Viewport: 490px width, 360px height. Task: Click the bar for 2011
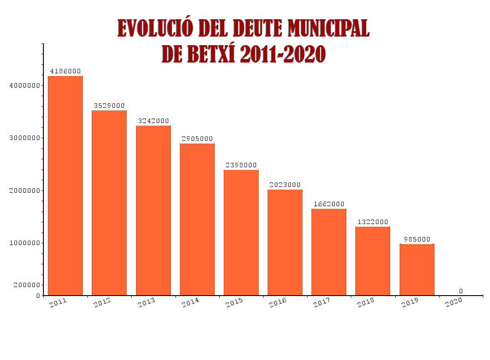pyautogui.click(x=65, y=186)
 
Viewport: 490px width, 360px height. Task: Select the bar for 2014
pyautogui.click(x=197, y=219)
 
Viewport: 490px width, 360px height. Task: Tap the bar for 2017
pyautogui.click(x=329, y=252)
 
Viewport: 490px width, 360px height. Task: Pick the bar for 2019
pyautogui.click(x=417, y=270)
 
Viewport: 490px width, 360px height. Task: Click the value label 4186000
pyautogui.click(x=65, y=72)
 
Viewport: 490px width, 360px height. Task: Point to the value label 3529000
pyautogui.click(x=109, y=106)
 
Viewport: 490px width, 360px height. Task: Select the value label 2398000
pyautogui.click(x=241, y=165)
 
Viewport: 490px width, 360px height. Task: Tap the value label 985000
pyautogui.click(x=417, y=239)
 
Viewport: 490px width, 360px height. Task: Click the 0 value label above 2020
pyautogui.click(x=461, y=291)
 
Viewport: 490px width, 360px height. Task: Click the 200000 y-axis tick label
pyautogui.click(x=26, y=285)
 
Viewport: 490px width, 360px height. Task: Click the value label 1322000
pyautogui.click(x=373, y=222)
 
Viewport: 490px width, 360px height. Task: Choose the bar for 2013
pyautogui.click(x=153, y=210)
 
